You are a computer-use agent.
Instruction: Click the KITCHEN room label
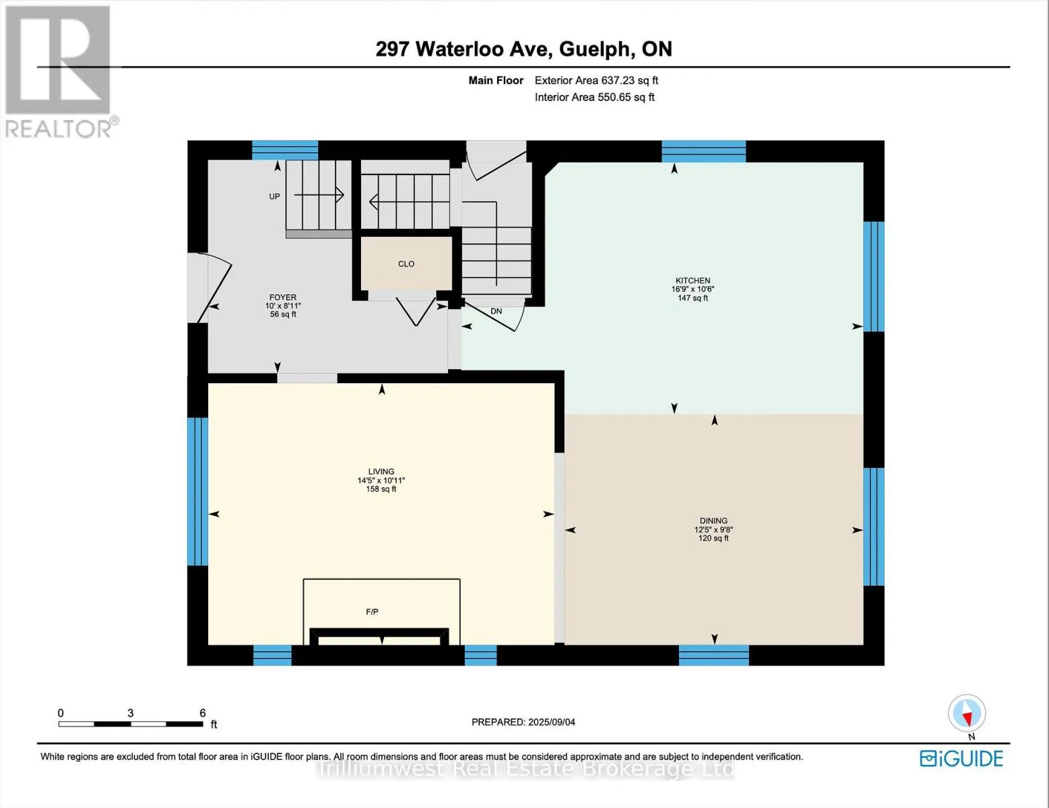692,280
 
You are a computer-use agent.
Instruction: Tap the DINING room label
713,520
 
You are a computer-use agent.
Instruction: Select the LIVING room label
381,471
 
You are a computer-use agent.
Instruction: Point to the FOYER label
283,297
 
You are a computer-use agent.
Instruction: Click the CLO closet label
406,264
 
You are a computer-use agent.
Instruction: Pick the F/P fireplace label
372,611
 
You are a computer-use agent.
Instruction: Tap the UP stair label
274,197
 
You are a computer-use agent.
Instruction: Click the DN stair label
497,311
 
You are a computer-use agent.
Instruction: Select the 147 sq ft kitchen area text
693,298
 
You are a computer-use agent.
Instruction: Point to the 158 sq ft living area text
381,489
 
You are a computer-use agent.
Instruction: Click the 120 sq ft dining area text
713,539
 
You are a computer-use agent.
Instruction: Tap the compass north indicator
967,714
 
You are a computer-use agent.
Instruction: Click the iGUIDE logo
961,759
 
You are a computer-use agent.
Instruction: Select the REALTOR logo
59,72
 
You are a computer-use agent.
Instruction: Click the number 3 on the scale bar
130,713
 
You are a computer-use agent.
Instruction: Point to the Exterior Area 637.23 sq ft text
596,81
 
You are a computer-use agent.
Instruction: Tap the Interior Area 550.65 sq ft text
594,98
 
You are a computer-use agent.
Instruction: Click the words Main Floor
496,81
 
